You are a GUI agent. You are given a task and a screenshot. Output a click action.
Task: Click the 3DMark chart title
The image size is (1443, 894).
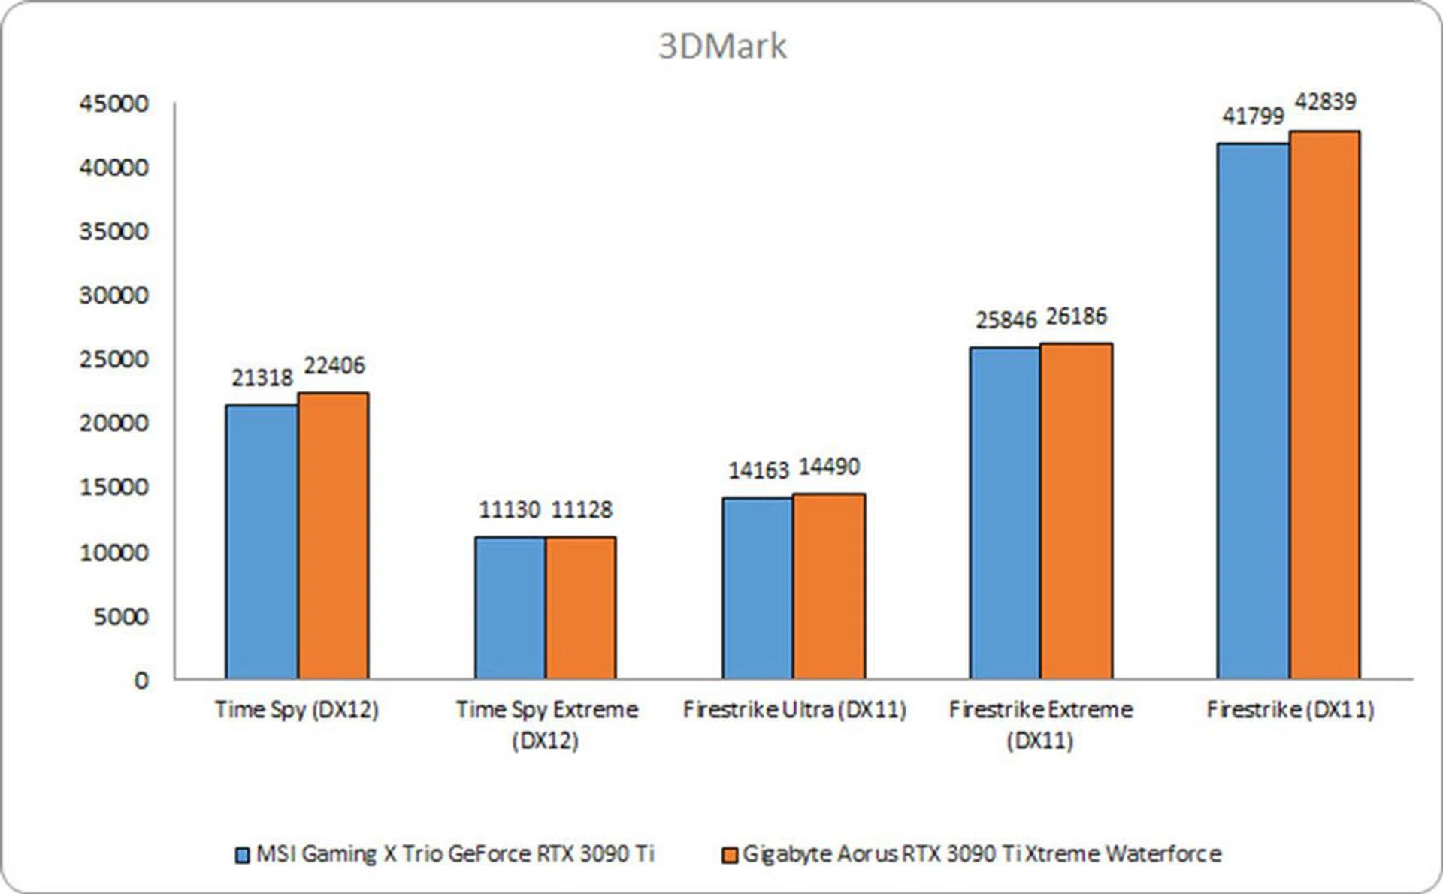[x=722, y=46]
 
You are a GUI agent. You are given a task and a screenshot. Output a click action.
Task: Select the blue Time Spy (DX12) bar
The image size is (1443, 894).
[x=262, y=541]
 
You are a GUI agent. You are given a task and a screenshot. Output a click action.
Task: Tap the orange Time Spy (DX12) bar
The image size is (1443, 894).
[x=333, y=535]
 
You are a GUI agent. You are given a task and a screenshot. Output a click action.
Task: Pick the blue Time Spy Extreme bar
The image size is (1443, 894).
[x=510, y=607]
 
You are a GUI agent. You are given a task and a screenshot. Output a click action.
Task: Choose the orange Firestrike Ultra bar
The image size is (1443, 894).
[x=829, y=586]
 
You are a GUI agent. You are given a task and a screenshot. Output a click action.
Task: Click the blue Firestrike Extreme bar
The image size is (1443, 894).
[x=1005, y=512]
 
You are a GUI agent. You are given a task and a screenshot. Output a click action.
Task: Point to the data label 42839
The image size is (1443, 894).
[x=1325, y=101]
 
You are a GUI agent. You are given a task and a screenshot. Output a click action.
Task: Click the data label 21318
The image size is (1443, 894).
[x=262, y=377]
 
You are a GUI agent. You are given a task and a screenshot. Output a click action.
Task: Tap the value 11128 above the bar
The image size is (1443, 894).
[x=582, y=510]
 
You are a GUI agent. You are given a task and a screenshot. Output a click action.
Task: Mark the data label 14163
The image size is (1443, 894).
[x=758, y=470]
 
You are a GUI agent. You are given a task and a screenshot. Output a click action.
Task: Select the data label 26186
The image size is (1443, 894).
[x=1076, y=316]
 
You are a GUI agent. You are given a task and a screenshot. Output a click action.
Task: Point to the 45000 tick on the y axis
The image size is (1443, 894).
[x=114, y=104]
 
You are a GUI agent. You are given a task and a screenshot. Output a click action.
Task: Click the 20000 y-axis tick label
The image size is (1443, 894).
[x=114, y=423]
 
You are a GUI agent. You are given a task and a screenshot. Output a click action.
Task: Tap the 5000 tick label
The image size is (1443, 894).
[x=121, y=617]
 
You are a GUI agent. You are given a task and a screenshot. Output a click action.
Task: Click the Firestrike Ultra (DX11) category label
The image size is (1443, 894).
[x=794, y=709]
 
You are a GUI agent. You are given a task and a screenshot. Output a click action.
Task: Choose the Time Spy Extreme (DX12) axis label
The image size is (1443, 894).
[x=546, y=724]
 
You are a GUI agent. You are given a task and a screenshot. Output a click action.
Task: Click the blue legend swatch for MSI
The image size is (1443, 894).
[x=242, y=855]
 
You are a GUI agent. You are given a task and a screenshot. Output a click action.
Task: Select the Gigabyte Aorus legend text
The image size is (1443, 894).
[x=982, y=854]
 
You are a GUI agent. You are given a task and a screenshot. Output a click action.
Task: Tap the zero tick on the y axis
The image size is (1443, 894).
[x=141, y=681]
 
